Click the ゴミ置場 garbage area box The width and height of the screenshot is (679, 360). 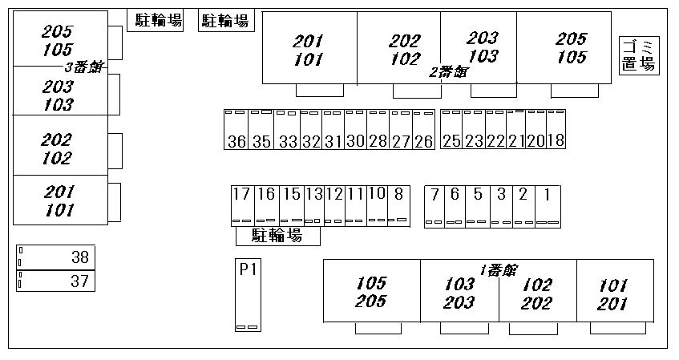click(639, 56)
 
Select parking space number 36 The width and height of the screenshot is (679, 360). click(236, 130)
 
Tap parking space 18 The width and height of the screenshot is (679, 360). click(556, 129)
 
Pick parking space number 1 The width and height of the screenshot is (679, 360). click(548, 205)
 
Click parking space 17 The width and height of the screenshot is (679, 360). click(241, 205)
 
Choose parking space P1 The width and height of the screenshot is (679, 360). click(247, 294)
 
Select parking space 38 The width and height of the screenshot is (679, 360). click(55, 257)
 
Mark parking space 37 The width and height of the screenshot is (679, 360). click(55, 281)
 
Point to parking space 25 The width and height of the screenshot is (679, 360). click(451, 130)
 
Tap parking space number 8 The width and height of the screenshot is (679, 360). click(398, 205)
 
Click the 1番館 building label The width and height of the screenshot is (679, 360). click(498, 270)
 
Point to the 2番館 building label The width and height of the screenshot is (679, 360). click(448, 72)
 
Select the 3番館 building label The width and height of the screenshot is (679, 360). click(84, 67)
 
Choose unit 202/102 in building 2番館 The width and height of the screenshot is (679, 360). click(404, 50)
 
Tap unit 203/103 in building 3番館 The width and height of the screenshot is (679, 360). click(58, 95)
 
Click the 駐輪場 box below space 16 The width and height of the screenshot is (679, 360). click(277, 236)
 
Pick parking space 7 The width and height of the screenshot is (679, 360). click(434, 205)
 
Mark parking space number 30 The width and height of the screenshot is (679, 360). click(355, 130)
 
